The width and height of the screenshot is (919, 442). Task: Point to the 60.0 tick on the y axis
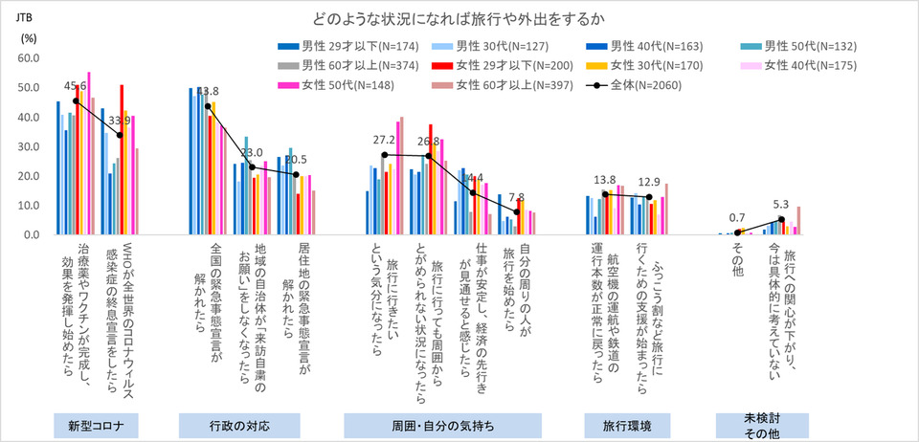pos(26,58)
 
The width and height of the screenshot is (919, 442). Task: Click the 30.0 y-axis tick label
pos(26,146)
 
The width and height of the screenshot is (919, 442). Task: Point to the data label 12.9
pos(650,182)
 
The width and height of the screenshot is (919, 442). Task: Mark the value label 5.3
pos(781,204)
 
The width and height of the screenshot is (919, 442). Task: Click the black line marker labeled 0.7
pos(737,232)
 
